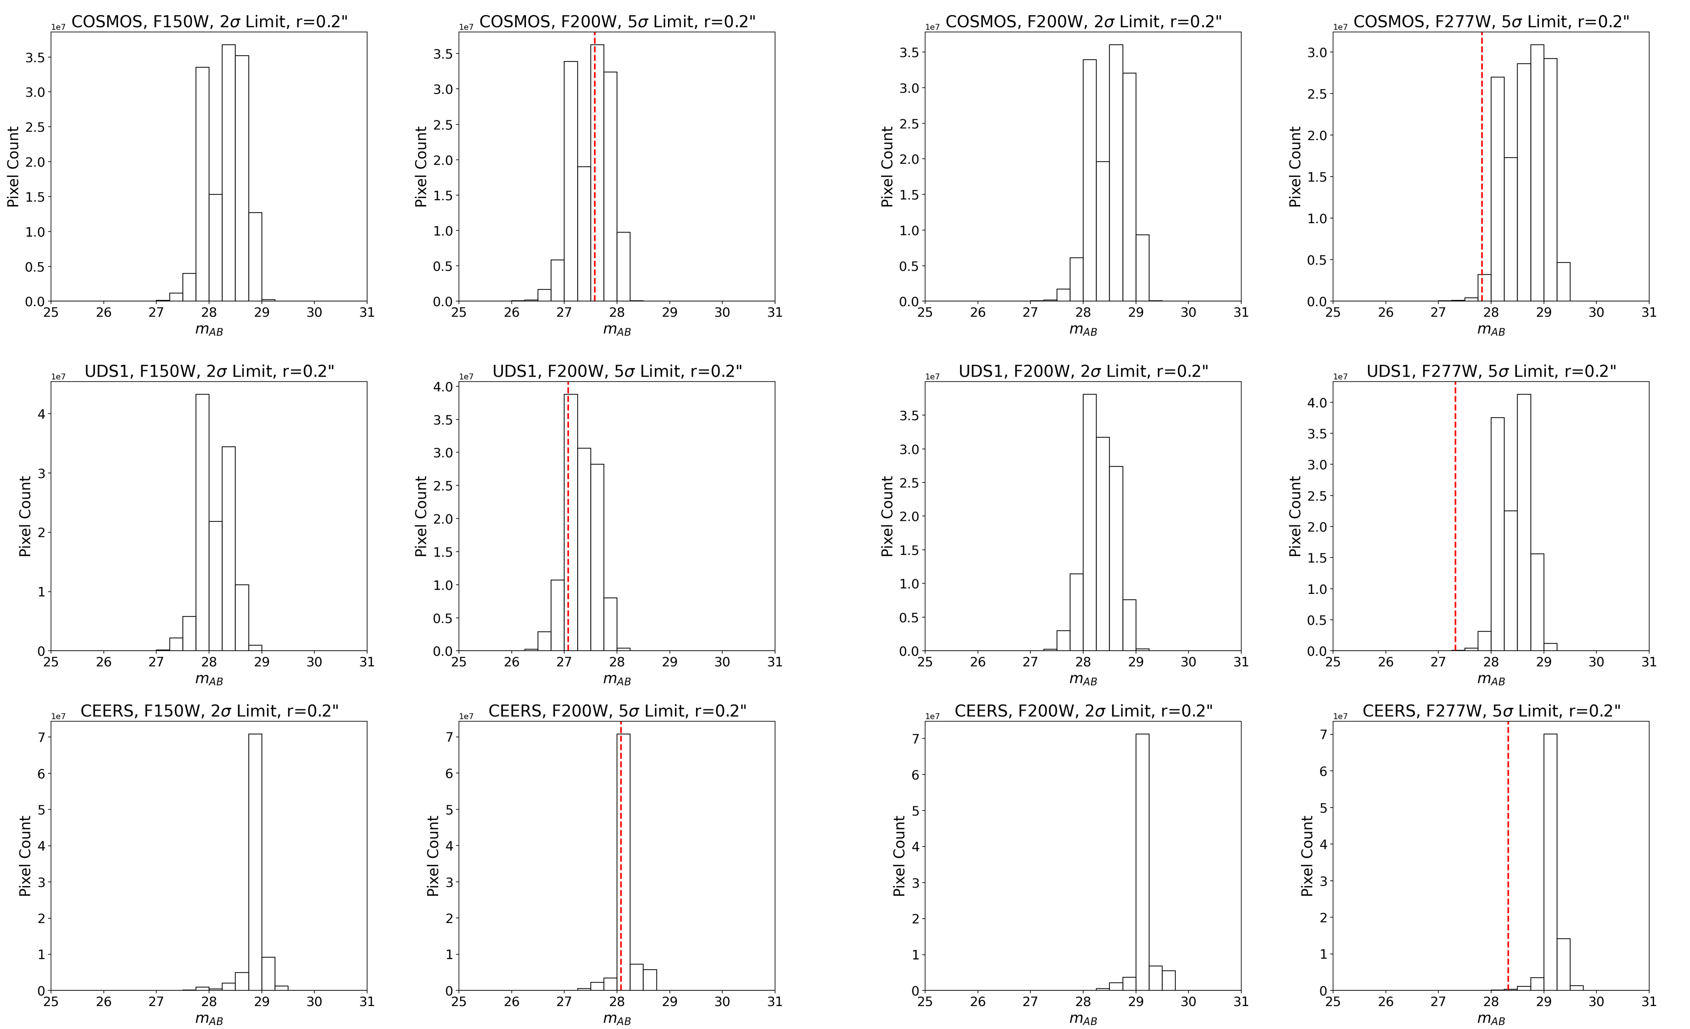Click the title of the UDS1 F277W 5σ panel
click(x=1491, y=371)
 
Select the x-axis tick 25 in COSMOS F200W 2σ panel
click(x=925, y=313)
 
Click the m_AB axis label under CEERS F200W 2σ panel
click(x=1083, y=1019)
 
